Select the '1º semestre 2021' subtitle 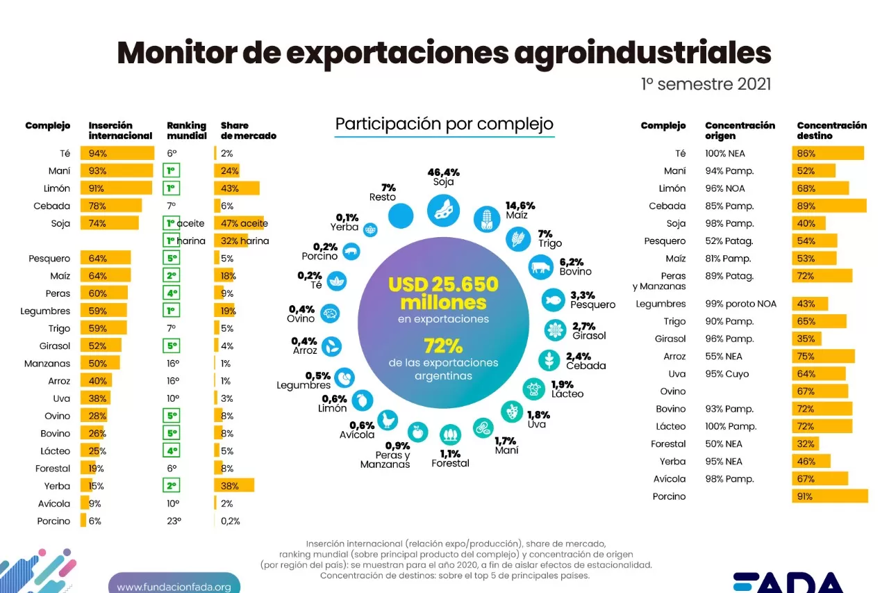coord(706,85)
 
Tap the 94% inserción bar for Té coord(117,154)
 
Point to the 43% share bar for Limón coord(237,188)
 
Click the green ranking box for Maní coord(172,171)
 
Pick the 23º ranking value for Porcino coord(173,521)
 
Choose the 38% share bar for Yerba coord(234,486)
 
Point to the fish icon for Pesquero coord(554,300)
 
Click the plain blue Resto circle coord(401,216)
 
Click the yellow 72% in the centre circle coord(443,346)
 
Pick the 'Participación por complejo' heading coord(444,124)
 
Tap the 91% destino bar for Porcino coord(830,496)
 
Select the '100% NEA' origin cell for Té coord(724,154)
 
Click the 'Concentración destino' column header coord(831,130)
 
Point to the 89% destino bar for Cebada coord(829,206)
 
